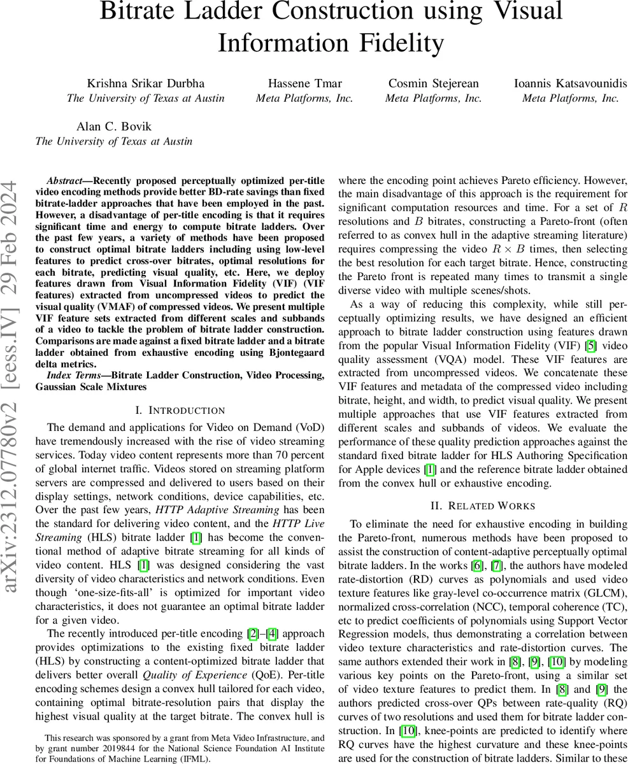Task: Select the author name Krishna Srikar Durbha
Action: pos(145,83)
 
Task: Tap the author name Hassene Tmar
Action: pos(304,83)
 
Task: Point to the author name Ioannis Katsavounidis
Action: pos(570,83)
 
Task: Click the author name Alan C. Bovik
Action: pos(114,126)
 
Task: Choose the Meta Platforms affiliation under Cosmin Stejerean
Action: pos(433,98)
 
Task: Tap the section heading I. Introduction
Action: pos(180,411)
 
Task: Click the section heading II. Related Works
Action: pos(482,506)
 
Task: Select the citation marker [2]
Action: pos(252,633)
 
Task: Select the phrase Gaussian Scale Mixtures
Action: pos(91,386)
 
